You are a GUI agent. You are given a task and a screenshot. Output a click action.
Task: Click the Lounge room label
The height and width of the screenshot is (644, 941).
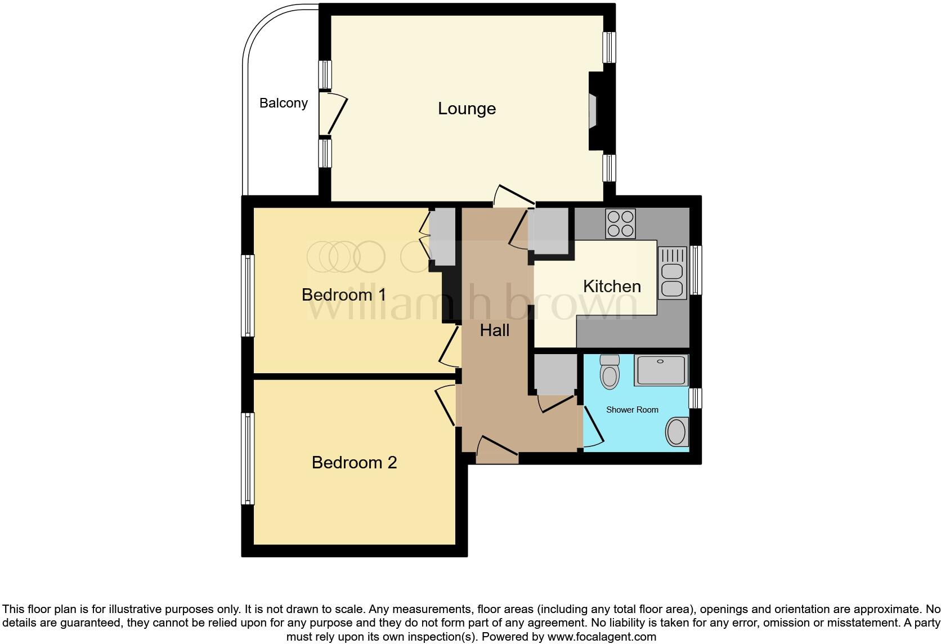[467, 109]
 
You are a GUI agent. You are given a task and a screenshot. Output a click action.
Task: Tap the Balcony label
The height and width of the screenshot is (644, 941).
[284, 103]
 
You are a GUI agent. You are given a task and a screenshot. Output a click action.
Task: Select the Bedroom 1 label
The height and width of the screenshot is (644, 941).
[344, 294]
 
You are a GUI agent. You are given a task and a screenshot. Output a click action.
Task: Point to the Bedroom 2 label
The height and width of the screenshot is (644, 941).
[354, 462]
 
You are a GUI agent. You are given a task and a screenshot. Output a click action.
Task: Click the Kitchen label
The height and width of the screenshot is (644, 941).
[612, 286]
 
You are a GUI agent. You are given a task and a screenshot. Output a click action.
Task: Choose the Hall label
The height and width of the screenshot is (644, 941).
[495, 330]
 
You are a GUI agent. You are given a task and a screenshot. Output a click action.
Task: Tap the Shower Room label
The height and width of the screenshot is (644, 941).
[632, 410]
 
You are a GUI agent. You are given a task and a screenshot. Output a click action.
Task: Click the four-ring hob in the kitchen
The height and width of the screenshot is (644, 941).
[620, 223]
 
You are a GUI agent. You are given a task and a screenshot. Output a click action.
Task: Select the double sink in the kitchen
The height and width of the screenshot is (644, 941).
[673, 273]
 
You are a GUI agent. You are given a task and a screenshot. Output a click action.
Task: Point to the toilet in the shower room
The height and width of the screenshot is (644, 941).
[610, 372]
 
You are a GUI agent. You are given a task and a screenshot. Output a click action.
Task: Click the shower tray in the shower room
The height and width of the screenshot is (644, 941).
[661, 370]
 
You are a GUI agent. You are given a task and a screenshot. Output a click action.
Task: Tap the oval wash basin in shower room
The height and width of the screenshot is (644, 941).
[677, 432]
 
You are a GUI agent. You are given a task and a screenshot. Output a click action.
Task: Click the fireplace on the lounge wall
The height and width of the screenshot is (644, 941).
[593, 111]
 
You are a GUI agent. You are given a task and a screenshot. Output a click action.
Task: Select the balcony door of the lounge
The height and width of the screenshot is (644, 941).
[332, 114]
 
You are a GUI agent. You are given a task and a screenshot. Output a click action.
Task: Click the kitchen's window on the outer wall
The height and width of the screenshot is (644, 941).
[696, 270]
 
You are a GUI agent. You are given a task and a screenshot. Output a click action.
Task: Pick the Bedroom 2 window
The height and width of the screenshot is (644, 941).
[248, 458]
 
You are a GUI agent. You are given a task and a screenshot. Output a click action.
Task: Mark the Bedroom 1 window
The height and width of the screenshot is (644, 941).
[248, 296]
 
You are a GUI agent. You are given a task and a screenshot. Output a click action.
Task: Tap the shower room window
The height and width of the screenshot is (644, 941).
[696, 398]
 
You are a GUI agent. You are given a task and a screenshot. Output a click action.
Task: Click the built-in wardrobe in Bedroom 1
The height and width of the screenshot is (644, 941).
[442, 236]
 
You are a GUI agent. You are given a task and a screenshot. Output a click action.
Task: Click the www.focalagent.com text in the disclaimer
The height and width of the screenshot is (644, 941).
[601, 637]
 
